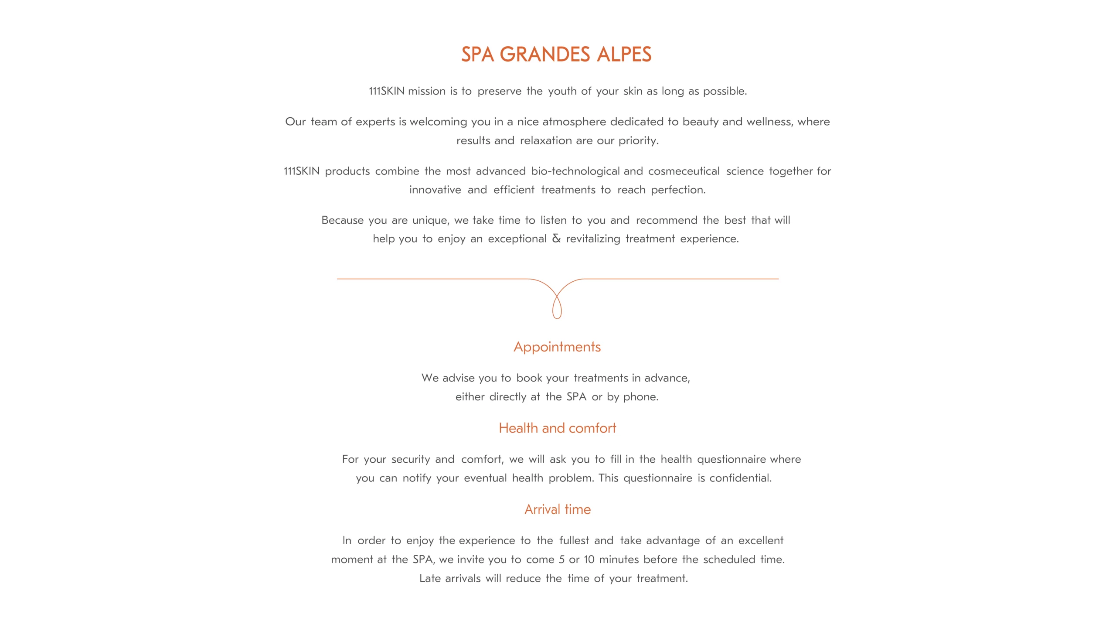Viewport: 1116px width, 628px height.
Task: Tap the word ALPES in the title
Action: [624, 55]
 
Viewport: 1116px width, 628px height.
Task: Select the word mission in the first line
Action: [426, 91]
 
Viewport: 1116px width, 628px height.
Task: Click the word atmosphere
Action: [574, 122]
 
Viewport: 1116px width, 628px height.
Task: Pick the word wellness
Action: [769, 122]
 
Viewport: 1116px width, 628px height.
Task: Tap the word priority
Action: [638, 140]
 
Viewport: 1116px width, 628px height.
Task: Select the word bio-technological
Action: [575, 171]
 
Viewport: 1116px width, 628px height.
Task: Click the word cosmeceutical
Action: [684, 171]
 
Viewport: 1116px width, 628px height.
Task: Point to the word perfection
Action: [678, 190]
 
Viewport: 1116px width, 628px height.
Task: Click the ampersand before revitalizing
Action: [556, 238]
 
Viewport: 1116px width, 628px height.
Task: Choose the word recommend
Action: [666, 220]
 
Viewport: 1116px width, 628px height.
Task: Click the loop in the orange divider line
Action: [557, 307]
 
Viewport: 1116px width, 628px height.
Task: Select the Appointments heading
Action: [557, 347]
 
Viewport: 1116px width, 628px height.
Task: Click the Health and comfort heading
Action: [557, 428]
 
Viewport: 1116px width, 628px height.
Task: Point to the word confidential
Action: [740, 478]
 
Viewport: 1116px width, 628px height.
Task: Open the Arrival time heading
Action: [557, 509]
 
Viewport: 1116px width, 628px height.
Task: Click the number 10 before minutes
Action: [589, 560]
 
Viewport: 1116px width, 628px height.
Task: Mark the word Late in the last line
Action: [430, 578]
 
